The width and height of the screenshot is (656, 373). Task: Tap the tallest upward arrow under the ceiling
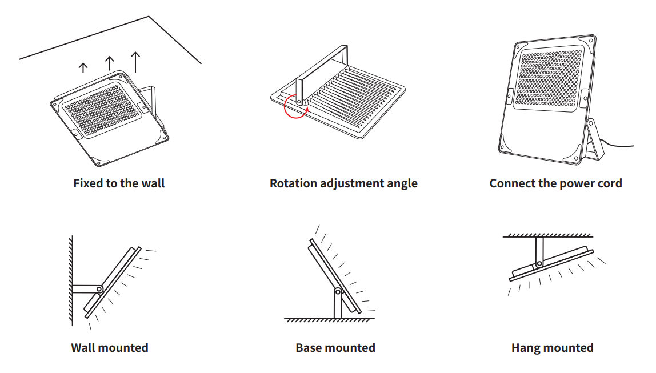pyautogui.click(x=135, y=62)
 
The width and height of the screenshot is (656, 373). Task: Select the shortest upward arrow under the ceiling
pyautogui.click(x=83, y=67)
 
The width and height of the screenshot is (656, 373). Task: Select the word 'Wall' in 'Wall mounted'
pyautogui.click(x=82, y=347)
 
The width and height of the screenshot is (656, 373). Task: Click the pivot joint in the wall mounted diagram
pyautogui.click(x=99, y=289)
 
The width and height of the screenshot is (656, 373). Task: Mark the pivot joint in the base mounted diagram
pyautogui.click(x=338, y=291)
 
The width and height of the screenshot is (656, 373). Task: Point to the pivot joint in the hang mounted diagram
pyautogui.click(x=539, y=264)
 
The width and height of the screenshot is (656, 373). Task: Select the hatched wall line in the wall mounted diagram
pyautogui.click(x=71, y=280)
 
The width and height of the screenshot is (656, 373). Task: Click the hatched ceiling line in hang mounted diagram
pyautogui.click(x=547, y=236)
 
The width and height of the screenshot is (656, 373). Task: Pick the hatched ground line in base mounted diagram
pyautogui.click(x=329, y=320)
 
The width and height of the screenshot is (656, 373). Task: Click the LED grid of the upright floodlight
pyautogui.click(x=549, y=78)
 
